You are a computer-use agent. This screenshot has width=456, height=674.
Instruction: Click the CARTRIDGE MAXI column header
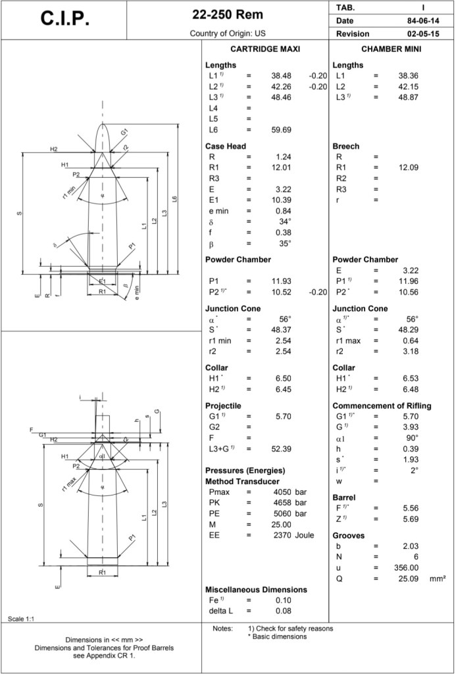point(266,49)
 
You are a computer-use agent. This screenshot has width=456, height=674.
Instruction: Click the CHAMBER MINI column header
point(392,49)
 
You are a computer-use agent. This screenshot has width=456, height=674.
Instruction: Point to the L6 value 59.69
point(282,130)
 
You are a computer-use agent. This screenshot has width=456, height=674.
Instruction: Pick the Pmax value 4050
point(283,492)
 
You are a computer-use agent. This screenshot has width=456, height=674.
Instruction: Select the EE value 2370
point(283,535)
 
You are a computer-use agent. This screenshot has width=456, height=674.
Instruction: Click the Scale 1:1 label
point(21,619)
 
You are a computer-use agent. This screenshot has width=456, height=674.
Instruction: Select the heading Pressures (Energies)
point(245,470)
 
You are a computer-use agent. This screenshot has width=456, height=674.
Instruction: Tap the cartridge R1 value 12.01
point(281,167)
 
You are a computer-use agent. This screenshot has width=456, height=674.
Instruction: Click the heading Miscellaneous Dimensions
point(256,589)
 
